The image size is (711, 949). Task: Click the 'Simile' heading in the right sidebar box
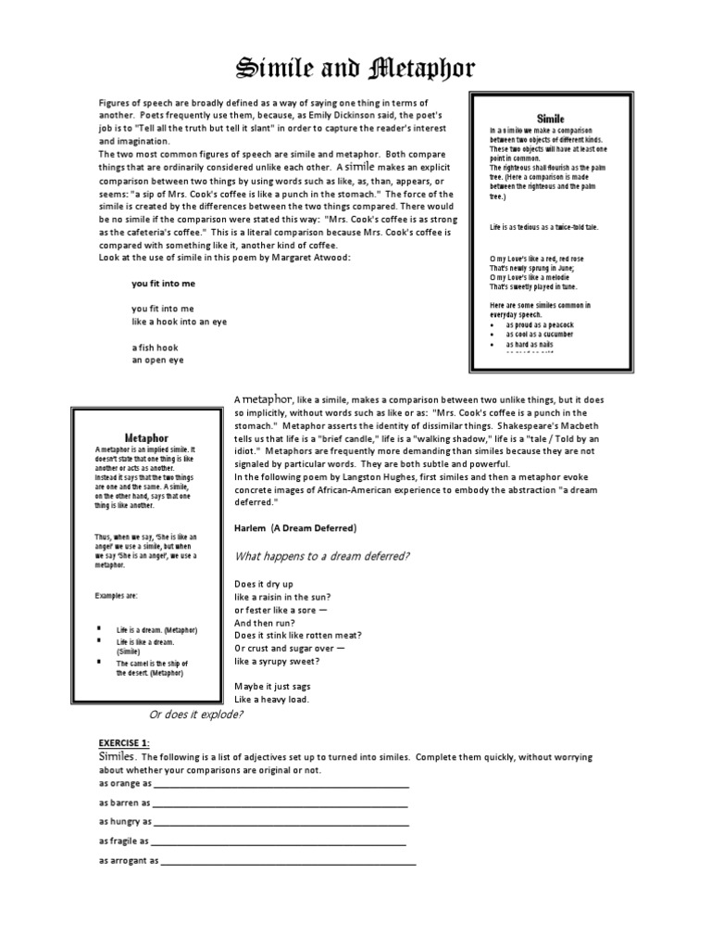(550, 120)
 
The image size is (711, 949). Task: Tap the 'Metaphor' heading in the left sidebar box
(146, 437)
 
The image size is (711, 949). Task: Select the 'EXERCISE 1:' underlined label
(124, 743)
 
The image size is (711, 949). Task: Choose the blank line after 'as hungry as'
(281, 822)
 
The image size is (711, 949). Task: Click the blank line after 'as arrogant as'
(288, 861)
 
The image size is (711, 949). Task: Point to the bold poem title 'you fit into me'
(164, 284)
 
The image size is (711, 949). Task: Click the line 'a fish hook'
(155, 348)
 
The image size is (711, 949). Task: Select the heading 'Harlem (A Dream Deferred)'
(295, 528)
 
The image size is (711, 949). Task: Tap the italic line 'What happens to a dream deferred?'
(322, 556)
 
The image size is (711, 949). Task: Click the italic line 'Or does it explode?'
(196, 715)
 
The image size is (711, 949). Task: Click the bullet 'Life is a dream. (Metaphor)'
(156, 629)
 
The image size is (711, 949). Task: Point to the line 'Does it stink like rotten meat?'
(297, 636)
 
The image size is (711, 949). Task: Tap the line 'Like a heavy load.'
(271, 700)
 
